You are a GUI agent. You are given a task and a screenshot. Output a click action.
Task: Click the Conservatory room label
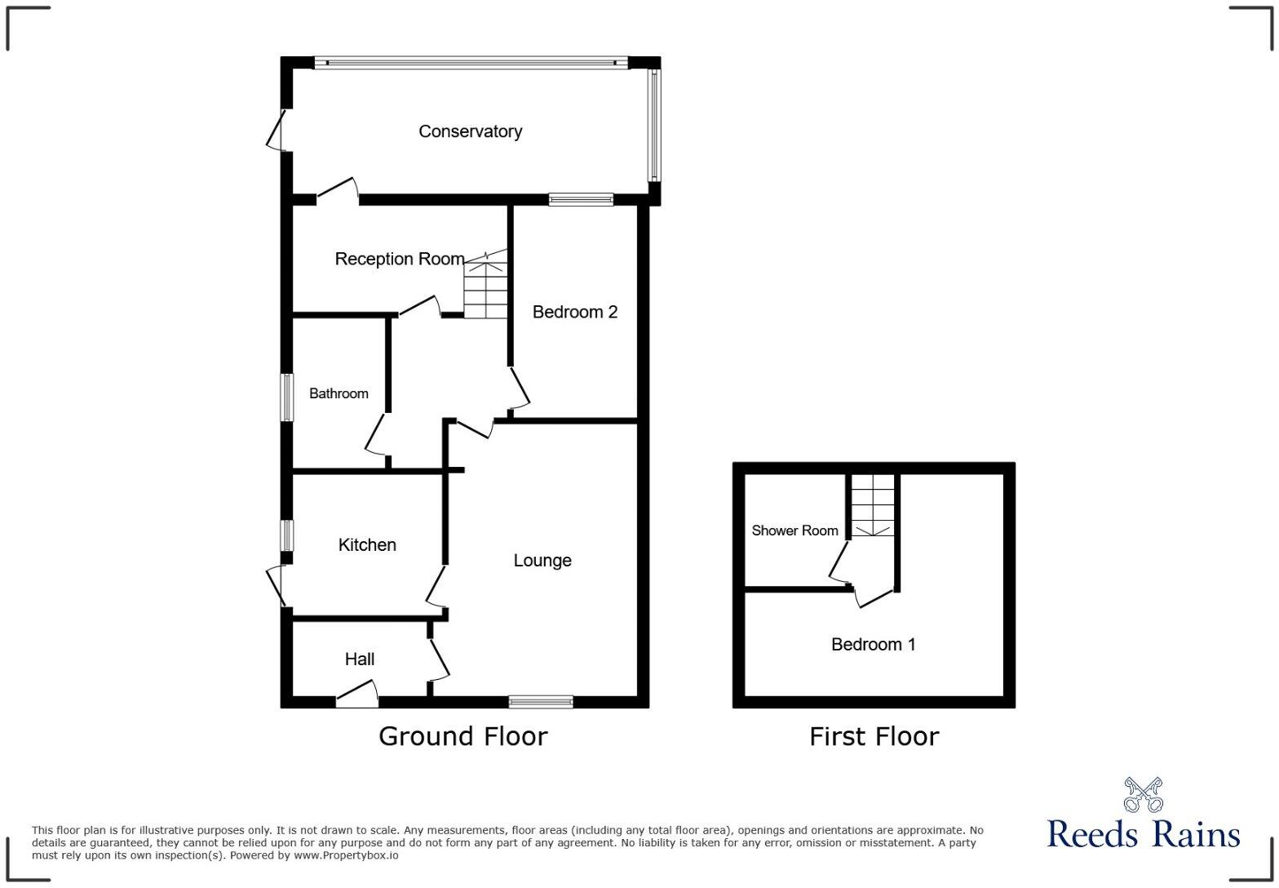pyautogui.click(x=470, y=131)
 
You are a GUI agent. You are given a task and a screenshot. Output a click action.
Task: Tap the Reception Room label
pyautogui.click(x=399, y=259)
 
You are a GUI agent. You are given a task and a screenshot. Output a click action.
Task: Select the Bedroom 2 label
pyautogui.click(x=574, y=312)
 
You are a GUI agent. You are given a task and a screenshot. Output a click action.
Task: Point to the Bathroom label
pyautogui.click(x=339, y=393)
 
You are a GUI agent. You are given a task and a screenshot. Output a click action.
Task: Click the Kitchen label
pyautogui.click(x=367, y=545)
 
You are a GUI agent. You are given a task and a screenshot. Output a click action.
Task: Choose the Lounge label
pyautogui.click(x=542, y=561)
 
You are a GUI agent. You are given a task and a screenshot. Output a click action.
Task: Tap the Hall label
pyautogui.click(x=360, y=659)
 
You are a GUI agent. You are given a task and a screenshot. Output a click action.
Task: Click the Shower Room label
pyautogui.click(x=794, y=531)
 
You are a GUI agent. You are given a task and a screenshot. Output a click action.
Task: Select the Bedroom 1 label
pyautogui.click(x=873, y=645)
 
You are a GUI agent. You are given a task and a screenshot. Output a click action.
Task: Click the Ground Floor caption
pyautogui.click(x=462, y=736)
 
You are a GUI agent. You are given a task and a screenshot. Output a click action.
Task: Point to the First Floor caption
pyautogui.click(x=874, y=736)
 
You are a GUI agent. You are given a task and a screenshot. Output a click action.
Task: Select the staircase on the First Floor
pyautogui.click(x=873, y=505)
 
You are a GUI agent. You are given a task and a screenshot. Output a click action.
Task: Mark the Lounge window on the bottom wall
pyautogui.click(x=541, y=701)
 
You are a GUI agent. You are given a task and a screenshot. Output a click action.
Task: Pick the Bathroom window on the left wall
pyautogui.click(x=287, y=397)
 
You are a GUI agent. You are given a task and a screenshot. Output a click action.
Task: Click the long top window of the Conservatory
pyautogui.click(x=471, y=62)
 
